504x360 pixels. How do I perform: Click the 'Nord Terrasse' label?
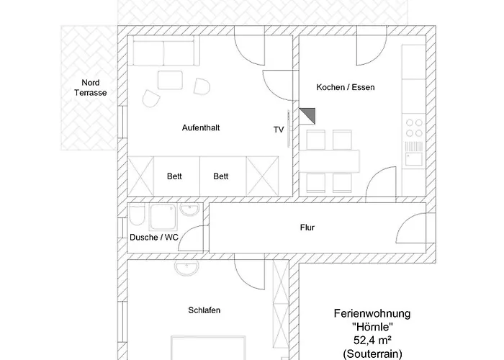[90, 88]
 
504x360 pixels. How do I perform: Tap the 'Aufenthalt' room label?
[201, 128]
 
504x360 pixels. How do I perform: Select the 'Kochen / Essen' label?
[346, 87]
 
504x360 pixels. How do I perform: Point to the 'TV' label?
[279, 130]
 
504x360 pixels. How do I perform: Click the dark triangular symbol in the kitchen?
[310, 114]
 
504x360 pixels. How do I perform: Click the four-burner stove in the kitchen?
[414, 127]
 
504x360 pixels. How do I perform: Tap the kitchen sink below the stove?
[414, 158]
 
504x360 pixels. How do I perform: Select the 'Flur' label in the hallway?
[307, 228]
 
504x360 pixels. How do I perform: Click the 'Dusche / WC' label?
[154, 237]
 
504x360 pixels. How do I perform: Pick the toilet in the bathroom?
[138, 215]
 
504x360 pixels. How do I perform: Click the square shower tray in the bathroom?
[163, 217]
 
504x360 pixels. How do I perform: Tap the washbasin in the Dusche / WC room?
[190, 210]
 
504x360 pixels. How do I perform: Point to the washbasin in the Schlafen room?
[186, 268]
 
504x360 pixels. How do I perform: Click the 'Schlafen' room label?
[204, 310]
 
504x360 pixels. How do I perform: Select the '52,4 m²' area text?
[372, 340]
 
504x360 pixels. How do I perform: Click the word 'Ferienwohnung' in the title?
[372, 313]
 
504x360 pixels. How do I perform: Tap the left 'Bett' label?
[174, 176]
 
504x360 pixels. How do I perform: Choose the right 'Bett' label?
[221, 176]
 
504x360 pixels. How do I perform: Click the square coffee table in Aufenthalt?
[170, 80]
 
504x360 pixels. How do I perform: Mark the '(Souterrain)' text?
[372, 354]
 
